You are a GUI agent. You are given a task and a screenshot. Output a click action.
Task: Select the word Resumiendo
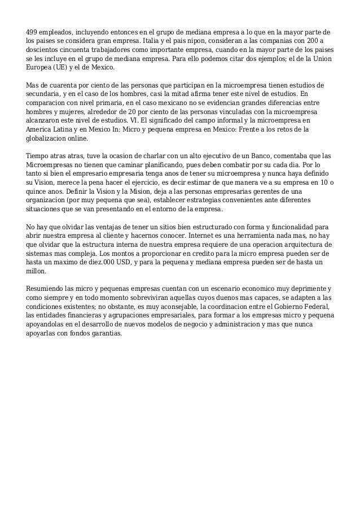50,289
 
